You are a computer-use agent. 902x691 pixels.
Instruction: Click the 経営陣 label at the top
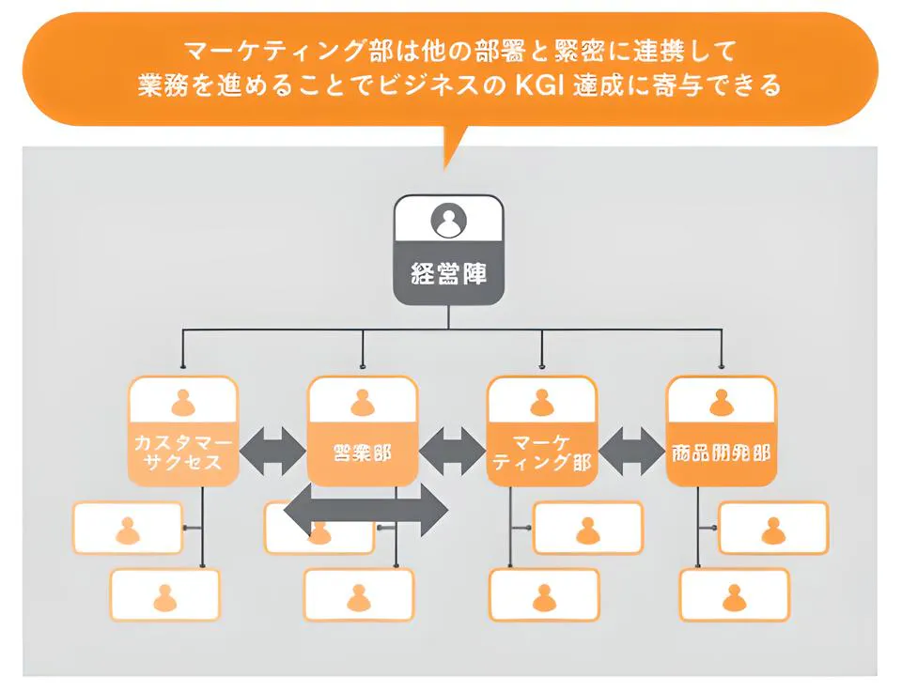point(449,275)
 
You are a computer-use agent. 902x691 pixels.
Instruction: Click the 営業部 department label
point(363,453)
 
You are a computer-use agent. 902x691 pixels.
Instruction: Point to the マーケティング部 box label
point(541,452)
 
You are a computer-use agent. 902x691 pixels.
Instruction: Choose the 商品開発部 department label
point(721,453)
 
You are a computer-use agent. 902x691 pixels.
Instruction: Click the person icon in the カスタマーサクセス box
point(183,402)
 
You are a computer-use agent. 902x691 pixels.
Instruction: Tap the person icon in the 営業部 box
point(363,402)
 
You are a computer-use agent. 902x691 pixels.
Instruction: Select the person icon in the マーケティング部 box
point(541,402)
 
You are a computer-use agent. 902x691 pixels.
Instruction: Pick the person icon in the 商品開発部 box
point(721,402)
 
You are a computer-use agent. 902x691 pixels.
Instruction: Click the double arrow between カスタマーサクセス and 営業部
point(272,453)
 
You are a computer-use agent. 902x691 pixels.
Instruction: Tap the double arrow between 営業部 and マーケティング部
point(452,453)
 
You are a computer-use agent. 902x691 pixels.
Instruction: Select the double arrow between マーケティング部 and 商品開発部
point(631,453)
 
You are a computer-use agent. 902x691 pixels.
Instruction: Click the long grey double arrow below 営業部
point(366,510)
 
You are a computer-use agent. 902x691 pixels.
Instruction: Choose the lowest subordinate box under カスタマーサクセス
point(165,595)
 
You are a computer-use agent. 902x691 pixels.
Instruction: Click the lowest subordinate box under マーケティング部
point(544,595)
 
